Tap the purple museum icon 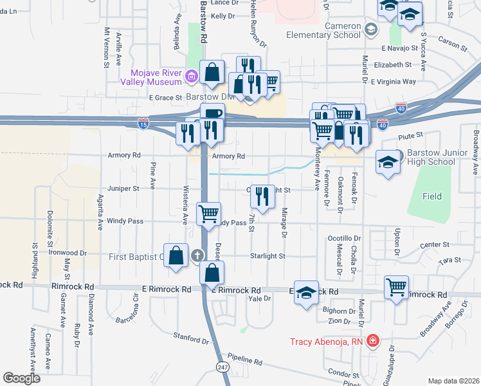point(190,78)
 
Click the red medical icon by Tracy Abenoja point(372,341)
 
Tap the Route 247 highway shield point(222,367)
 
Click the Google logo point(21,378)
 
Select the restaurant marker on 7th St point(261,196)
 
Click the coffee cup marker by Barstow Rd point(212,113)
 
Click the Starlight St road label point(268,255)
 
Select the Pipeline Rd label point(245,362)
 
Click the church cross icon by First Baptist point(197,255)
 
